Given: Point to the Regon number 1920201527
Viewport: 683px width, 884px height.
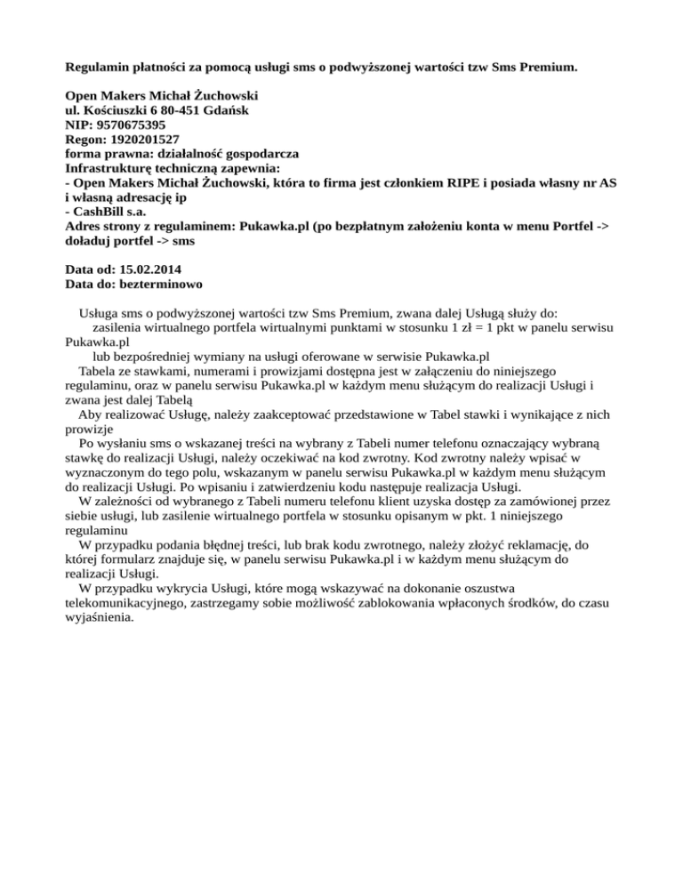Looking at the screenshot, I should point(144,140).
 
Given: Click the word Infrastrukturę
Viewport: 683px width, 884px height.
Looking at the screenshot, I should point(112,168).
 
